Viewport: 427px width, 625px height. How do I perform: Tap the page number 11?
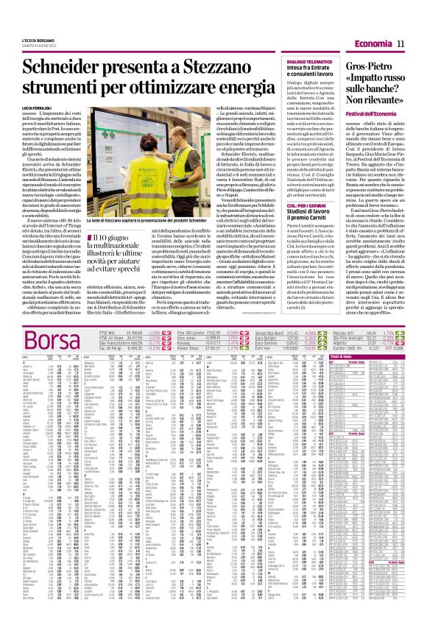[x=403, y=44]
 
